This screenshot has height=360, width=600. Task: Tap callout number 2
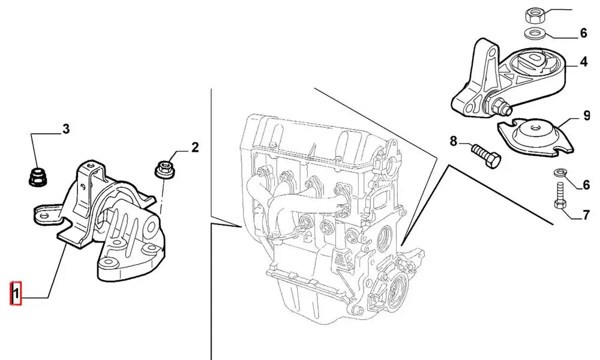pos(194,147)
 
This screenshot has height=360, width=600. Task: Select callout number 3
pos(66,128)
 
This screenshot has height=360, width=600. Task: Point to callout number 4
pos(583,62)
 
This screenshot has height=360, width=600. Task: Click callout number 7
pos(586,214)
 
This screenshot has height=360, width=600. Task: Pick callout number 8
pos(454,142)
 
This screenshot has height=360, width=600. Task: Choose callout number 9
pos(587,115)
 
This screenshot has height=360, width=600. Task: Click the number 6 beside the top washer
pos(583,34)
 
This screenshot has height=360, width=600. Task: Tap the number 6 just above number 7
pos(586,185)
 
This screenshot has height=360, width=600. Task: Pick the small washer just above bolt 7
pos(558,173)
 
